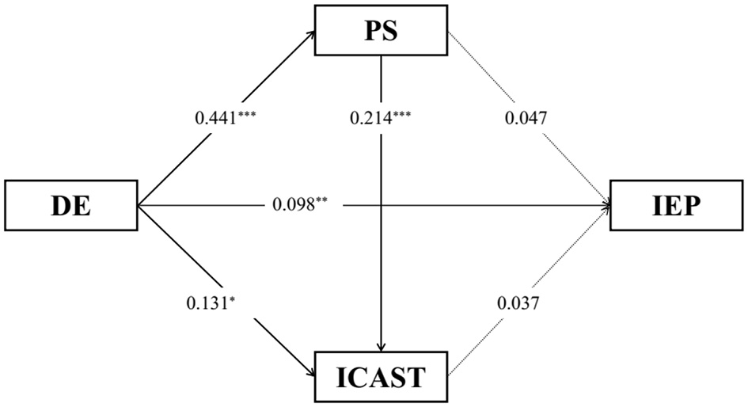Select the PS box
tap(382, 32)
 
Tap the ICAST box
tap(382, 375)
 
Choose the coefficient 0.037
tap(518, 301)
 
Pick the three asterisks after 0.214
tap(404, 116)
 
